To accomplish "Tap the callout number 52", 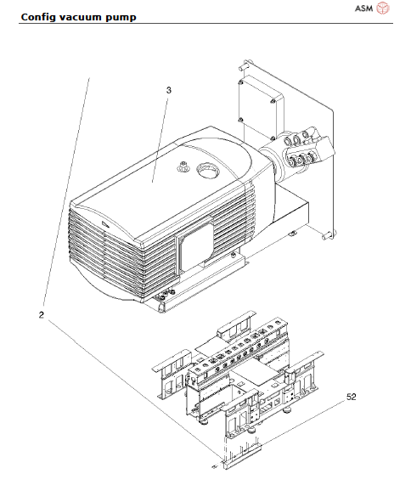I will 352,396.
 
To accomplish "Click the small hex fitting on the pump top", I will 181,168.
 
